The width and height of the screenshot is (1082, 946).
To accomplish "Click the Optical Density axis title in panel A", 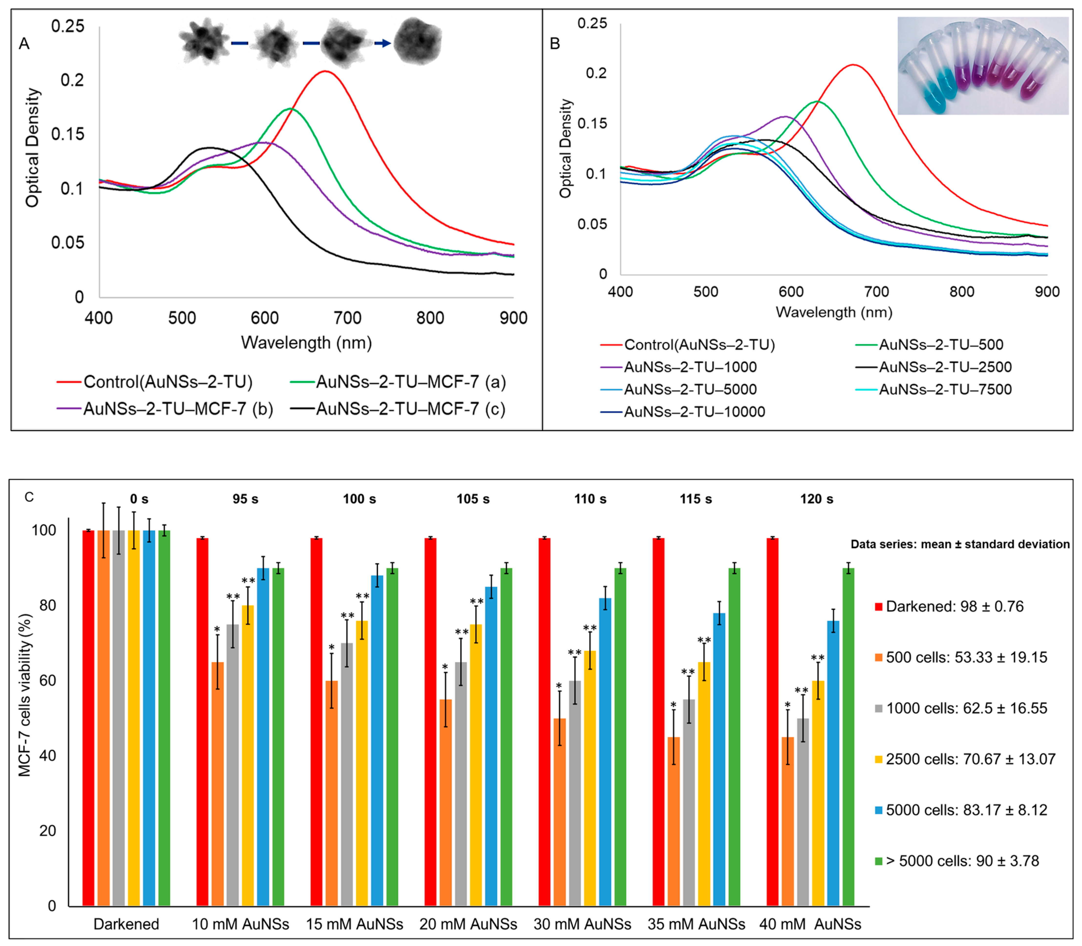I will (33, 148).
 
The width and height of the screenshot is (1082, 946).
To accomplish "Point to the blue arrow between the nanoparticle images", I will (382, 43).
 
